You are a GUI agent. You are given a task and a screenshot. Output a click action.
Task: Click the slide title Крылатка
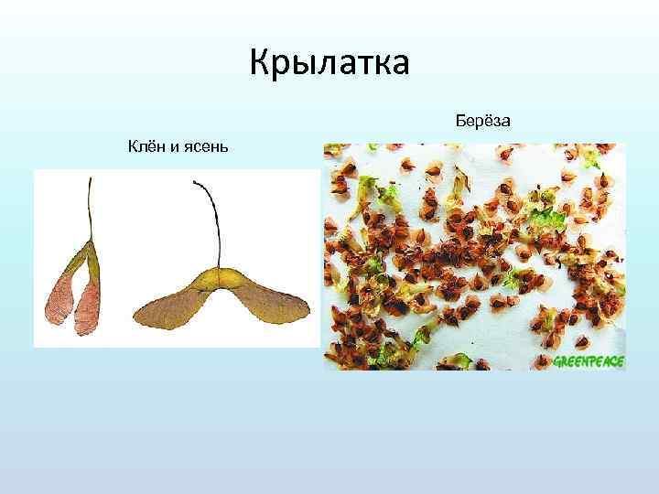[330, 64]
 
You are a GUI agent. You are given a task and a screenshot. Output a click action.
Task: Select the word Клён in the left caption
[146, 146]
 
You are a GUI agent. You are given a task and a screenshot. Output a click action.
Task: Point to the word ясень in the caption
[205, 147]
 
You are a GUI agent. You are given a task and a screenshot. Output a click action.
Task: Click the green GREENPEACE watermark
[589, 361]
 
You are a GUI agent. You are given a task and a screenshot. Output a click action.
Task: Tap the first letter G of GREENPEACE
[557, 361]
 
